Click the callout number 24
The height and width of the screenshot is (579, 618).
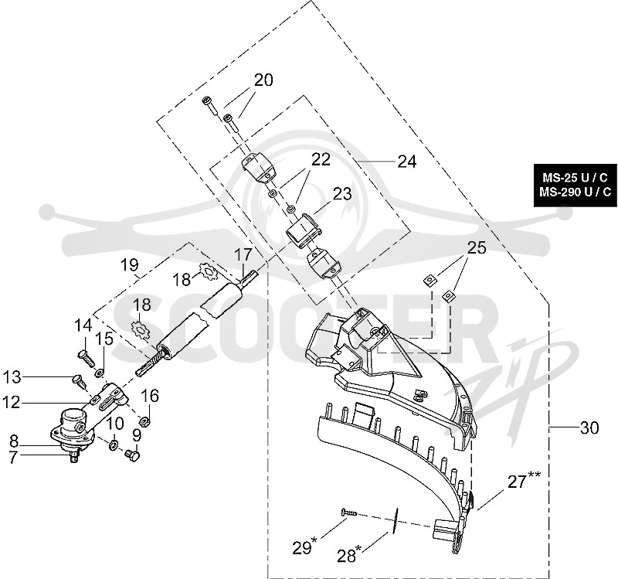407,162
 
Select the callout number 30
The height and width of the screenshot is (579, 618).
589,427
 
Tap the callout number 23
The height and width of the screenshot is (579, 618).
342,194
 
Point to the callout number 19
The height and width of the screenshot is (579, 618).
130,264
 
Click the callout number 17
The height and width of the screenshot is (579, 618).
243,254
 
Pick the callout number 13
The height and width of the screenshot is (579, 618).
12,377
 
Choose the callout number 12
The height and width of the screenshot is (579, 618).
12,402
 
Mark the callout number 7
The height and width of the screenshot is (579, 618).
13,458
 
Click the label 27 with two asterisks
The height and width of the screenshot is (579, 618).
524,480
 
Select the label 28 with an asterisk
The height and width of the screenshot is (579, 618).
349,554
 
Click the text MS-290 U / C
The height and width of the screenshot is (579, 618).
575,192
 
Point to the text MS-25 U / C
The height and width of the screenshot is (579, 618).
575,178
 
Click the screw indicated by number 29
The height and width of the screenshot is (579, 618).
349,513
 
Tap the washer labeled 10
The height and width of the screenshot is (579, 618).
112,445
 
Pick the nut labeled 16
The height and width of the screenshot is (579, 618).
144,421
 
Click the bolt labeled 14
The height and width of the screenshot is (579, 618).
86,356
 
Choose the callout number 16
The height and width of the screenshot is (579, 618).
150,395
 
